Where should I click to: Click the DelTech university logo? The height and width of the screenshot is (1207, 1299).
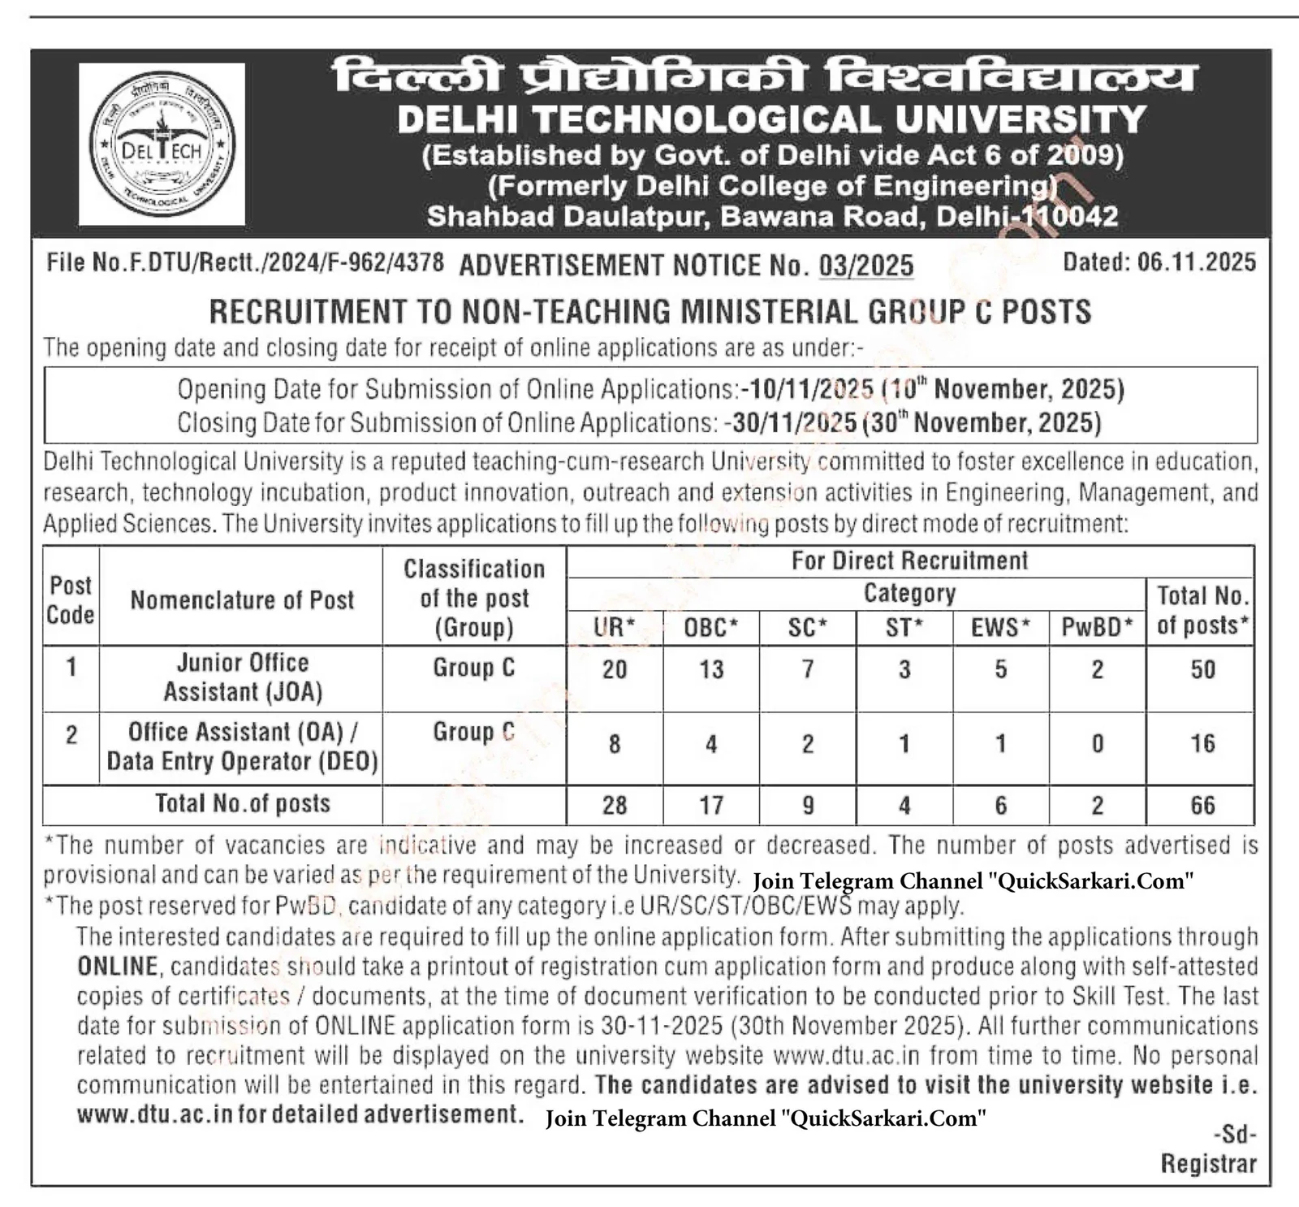(x=162, y=144)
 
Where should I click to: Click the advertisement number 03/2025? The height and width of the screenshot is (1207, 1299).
(x=866, y=266)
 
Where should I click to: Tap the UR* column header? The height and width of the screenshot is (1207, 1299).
(x=615, y=627)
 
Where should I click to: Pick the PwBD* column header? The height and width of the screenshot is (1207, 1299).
(x=1097, y=627)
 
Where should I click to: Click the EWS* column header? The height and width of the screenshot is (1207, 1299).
(x=1000, y=627)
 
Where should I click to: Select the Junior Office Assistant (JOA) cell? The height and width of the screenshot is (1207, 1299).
(x=243, y=677)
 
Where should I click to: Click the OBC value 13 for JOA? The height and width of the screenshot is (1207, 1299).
(x=711, y=669)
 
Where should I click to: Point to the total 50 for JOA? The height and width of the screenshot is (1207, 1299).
(x=1202, y=669)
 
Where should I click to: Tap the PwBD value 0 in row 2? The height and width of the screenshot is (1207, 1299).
(x=1097, y=743)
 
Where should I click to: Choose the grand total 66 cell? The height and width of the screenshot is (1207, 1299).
(x=1202, y=805)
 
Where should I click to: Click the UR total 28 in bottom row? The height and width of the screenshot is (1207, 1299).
(x=615, y=805)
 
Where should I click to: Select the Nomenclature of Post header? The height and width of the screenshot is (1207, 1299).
(x=242, y=599)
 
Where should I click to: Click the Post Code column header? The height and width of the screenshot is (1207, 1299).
(x=71, y=599)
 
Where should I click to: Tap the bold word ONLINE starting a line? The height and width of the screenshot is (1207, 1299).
(x=117, y=967)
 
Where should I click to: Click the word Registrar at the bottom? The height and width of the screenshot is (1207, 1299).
(x=1208, y=1163)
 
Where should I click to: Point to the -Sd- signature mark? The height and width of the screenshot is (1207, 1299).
(x=1234, y=1133)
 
